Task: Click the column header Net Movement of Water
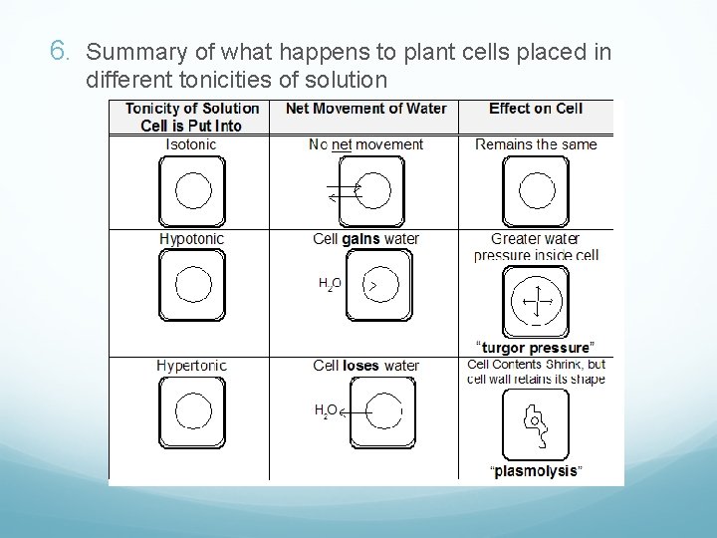365,109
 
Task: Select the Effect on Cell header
536,109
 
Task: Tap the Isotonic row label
192,144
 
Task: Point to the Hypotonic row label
192,239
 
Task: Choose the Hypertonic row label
192,366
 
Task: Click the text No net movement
365,144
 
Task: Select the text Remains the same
536,144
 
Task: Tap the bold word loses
361,366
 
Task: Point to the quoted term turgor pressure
536,348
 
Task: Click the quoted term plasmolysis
536,471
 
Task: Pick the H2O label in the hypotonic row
330,285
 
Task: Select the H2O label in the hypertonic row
326,410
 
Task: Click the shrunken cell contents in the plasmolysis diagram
536,422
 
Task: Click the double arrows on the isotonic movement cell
344,192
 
